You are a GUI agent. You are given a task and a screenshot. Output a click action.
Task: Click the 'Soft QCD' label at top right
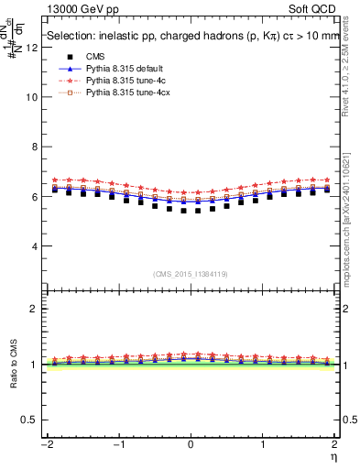pos(311,7)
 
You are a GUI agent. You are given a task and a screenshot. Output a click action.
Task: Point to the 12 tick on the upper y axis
pos(34,47)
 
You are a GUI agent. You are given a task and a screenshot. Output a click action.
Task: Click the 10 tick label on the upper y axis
pos(34,96)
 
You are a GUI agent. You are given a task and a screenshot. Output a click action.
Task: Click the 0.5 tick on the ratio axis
pos(32,420)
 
